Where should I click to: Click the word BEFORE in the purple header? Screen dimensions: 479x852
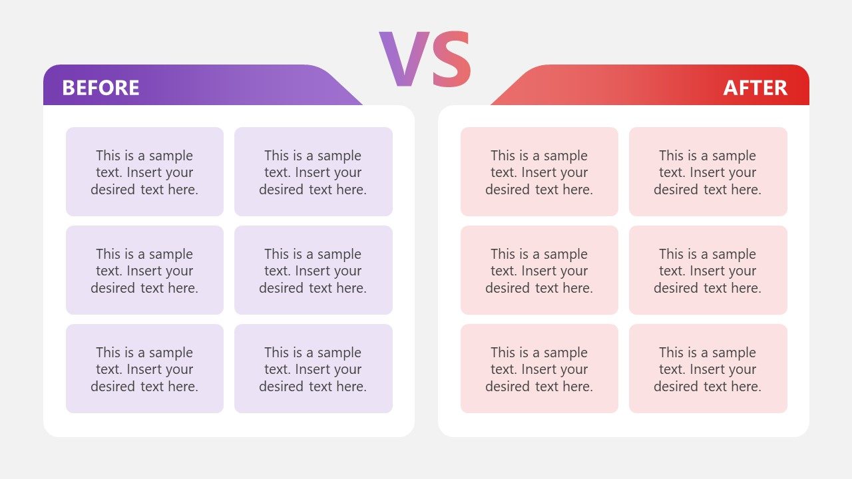[x=101, y=88]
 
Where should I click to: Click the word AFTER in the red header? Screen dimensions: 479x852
[x=755, y=88]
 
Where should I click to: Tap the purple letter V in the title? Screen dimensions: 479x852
[x=401, y=59]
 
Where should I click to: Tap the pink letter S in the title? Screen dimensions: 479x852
[x=449, y=59]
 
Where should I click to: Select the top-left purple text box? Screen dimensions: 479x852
[x=144, y=172]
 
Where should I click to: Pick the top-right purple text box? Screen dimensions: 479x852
[x=313, y=172]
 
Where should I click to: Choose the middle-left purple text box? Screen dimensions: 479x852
[x=144, y=270]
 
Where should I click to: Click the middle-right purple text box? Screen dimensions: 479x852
[x=313, y=270]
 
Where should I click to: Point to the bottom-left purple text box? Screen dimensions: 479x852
[x=144, y=369]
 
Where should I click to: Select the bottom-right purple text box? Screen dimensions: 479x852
[x=313, y=369]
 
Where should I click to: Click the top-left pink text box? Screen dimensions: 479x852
[x=539, y=172]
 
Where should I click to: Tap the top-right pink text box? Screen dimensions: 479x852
[x=708, y=172]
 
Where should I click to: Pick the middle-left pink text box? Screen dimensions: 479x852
[x=539, y=270]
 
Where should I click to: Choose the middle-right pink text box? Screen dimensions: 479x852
[x=708, y=270]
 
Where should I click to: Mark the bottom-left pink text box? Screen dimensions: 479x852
[x=539, y=369]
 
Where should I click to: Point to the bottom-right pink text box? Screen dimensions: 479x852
[x=708, y=369]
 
